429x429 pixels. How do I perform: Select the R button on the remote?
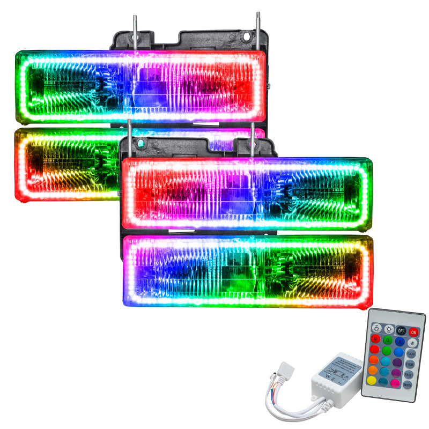(x=376, y=339)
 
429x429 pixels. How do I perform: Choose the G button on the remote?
(x=388, y=340)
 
